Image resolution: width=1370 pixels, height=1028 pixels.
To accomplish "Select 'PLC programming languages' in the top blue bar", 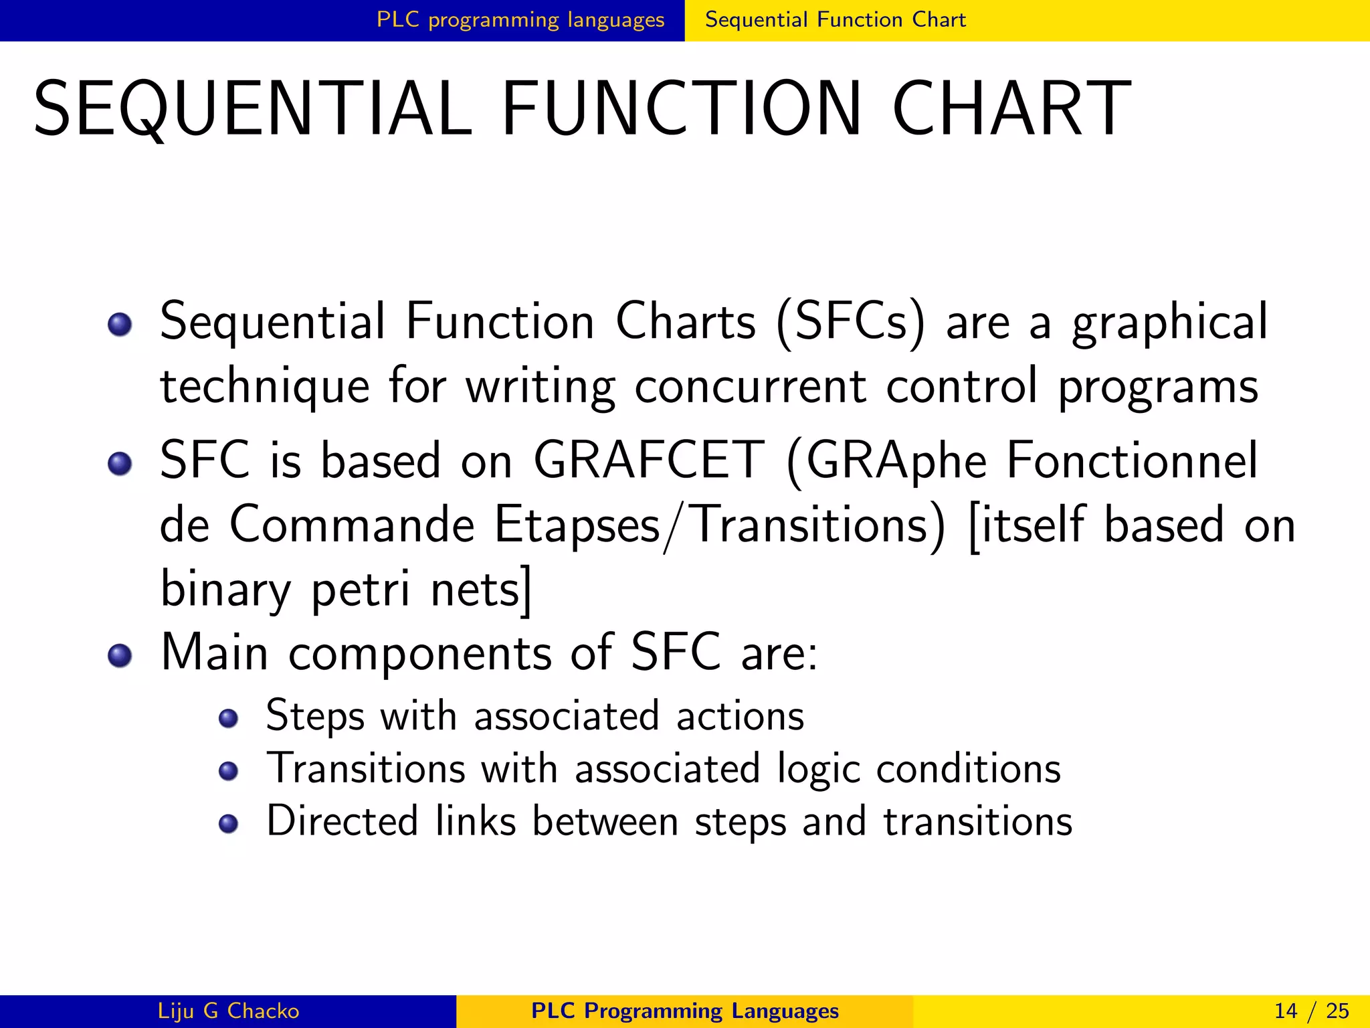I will [x=520, y=20].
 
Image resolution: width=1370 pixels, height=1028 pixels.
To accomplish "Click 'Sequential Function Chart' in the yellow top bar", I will [x=836, y=20].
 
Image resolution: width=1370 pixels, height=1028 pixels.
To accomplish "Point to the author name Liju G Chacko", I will [x=228, y=1011].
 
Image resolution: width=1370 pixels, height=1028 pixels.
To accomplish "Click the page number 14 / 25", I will [x=1311, y=1011].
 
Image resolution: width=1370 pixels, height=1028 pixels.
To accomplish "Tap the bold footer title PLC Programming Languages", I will [x=684, y=1011].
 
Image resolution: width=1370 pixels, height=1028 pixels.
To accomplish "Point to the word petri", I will [x=361, y=590].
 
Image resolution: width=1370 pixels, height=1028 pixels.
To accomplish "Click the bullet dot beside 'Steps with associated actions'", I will [x=229, y=719].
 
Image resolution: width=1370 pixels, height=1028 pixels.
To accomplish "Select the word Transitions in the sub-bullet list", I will [x=365, y=768].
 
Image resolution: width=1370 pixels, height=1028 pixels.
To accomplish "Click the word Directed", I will [x=342, y=821].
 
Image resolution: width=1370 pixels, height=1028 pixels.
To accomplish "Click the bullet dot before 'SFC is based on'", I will [x=120, y=463].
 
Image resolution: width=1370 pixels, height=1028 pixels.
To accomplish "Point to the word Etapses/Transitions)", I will [x=720, y=525].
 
